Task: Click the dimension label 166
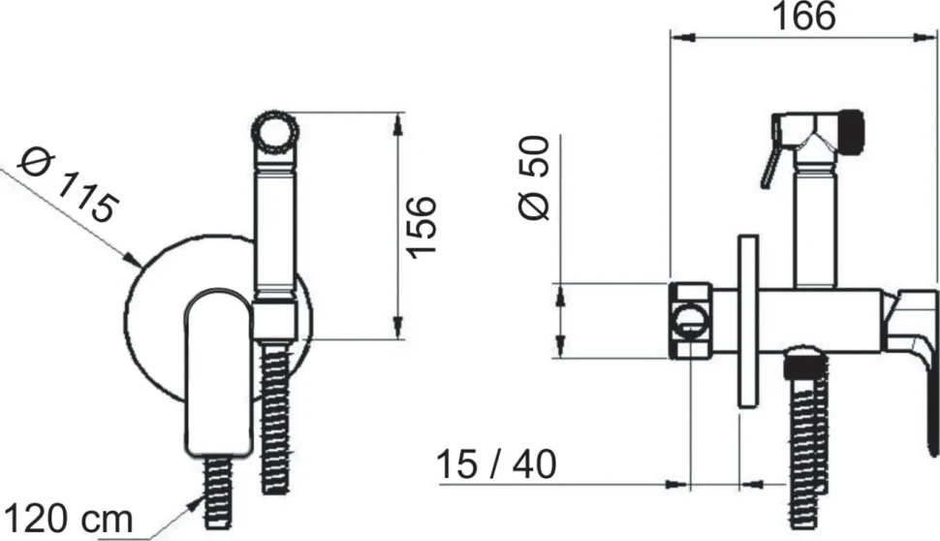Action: (x=803, y=16)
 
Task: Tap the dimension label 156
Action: (x=421, y=227)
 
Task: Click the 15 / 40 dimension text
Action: (x=497, y=464)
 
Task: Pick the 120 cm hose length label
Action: (x=68, y=518)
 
